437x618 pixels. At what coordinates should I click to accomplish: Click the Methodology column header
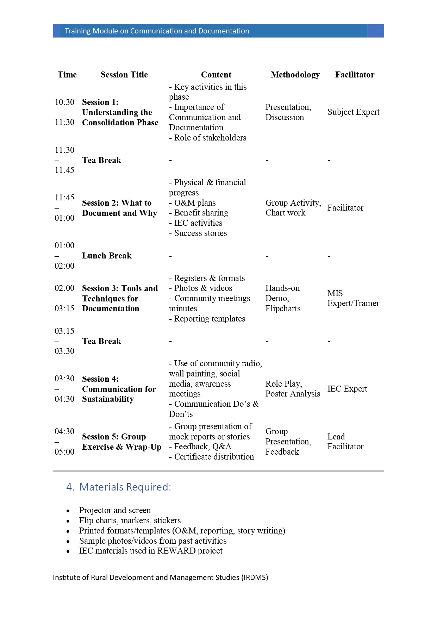pos(295,75)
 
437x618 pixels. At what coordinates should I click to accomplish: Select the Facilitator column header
pos(355,75)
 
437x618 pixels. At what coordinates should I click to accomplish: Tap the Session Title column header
pos(124,75)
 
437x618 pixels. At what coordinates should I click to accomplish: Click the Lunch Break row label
pos(107,256)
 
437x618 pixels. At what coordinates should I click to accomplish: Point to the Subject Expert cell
pos(353,112)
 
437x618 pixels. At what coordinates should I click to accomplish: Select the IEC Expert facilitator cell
pos(347,389)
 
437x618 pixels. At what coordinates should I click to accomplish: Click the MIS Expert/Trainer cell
pos(353,298)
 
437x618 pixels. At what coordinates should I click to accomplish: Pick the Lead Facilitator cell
pos(345,442)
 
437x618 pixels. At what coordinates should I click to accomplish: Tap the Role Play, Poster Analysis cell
pos(293,389)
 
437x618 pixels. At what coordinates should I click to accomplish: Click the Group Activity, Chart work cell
pos(293,208)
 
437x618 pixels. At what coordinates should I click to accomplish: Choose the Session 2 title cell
pos(119,208)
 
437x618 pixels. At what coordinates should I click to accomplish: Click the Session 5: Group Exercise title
pos(121,442)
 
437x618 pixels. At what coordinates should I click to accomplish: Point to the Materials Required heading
pos(125,487)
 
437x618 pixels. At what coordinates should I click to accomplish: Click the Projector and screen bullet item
pos(115,510)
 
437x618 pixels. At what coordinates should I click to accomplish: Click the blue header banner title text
pos(157,31)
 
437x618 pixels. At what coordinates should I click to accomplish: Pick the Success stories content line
pos(200,233)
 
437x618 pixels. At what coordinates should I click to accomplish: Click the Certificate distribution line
pos(213,457)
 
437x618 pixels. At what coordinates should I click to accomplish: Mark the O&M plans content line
pos(194,203)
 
